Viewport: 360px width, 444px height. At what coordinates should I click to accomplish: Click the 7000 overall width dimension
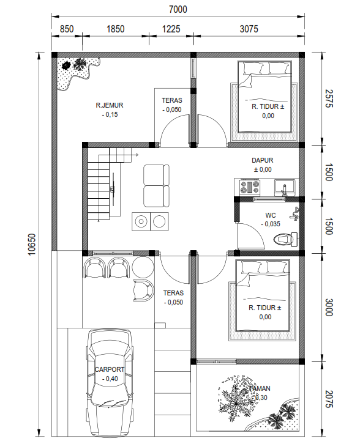pyautogui.click(x=178, y=9)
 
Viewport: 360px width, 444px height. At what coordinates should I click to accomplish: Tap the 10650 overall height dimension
pyautogui.click(x=32, y=244)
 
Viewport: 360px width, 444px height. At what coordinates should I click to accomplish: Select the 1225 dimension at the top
pyautogui.click(x=171, y=29)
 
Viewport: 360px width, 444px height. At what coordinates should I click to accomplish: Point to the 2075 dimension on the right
pyautogui.click(x=329, y=399)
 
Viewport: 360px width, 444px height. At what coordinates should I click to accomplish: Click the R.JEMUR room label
pyautogui.click(x=110, y=105)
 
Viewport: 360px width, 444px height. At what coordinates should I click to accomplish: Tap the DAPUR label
pyautogui.click(x=263, y=160)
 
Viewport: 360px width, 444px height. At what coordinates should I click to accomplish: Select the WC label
pyautogui.click(x=271, y=215)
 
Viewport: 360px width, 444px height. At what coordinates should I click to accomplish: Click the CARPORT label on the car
pyautogui.click(x=110, y=369)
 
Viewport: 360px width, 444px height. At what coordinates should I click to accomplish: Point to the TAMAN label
pyautogui.click(x=260, y=388)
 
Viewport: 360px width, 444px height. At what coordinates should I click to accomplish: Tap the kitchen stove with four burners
pyautogui.click(x=250, y=187)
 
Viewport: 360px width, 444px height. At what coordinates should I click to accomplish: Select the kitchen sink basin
pyautogui.click(x=285, y=187)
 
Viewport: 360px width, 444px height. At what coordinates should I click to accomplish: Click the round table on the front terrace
pyautogui.click(x=143, y=267)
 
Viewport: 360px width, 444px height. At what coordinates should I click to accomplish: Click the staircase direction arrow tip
pyautogui.click(x=138, y=155)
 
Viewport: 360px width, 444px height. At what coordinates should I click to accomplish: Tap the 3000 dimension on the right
pyautogui.click(x=329, y=307)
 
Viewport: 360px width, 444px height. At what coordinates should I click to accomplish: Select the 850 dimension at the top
pyautogui.click(x=67, y=29)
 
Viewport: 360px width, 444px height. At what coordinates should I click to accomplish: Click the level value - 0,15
pyautogui.click(x=110, y=115)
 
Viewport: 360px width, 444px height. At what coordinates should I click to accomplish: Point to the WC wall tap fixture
pyautogui.click(x=294, y=213)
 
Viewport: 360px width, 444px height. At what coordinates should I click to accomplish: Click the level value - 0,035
pyautogui.click(x=271, y=224)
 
